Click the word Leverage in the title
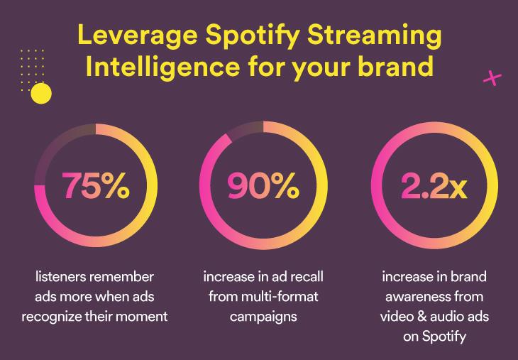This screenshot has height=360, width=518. [137, 36]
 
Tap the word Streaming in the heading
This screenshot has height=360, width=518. [374, 36]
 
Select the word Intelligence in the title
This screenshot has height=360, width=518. [162, 65]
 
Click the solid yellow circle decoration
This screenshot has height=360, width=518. [41, 93]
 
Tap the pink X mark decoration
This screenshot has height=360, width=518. [492, 79]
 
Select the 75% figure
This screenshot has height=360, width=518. [96, 185]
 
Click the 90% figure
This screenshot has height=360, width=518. [263, 185]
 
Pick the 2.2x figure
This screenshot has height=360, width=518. [434, 185]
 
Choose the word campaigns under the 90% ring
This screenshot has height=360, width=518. [263, 317]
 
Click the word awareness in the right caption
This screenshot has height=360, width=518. [417, 297]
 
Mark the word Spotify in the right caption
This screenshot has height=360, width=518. [444, 337]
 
